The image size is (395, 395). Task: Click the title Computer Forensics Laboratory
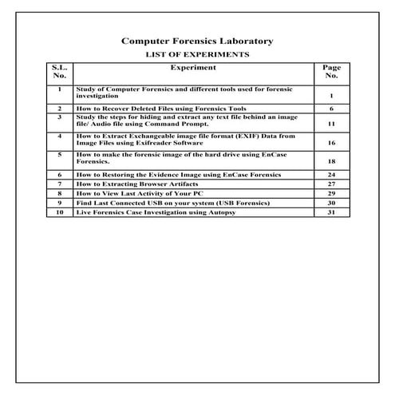(x=196, y=41)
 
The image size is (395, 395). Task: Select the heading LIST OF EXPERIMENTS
(x=196, y=54)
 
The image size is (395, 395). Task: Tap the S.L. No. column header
(x=59, y=73)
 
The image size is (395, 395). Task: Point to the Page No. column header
(x=330, y=73)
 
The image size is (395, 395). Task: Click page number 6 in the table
(x=330, y=108)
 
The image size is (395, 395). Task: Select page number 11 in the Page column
(x=330, y=125)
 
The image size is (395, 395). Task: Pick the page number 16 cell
(x=330, y=143)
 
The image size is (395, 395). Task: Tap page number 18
(x=330, y=160)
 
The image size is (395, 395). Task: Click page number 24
(x=330, y=174)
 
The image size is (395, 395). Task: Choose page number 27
(x=330, y=184)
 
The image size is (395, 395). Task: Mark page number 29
(x=330, y=193)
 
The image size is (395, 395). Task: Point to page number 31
(x=330, y=213)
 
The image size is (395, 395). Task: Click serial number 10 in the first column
(x=59, y=213)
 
